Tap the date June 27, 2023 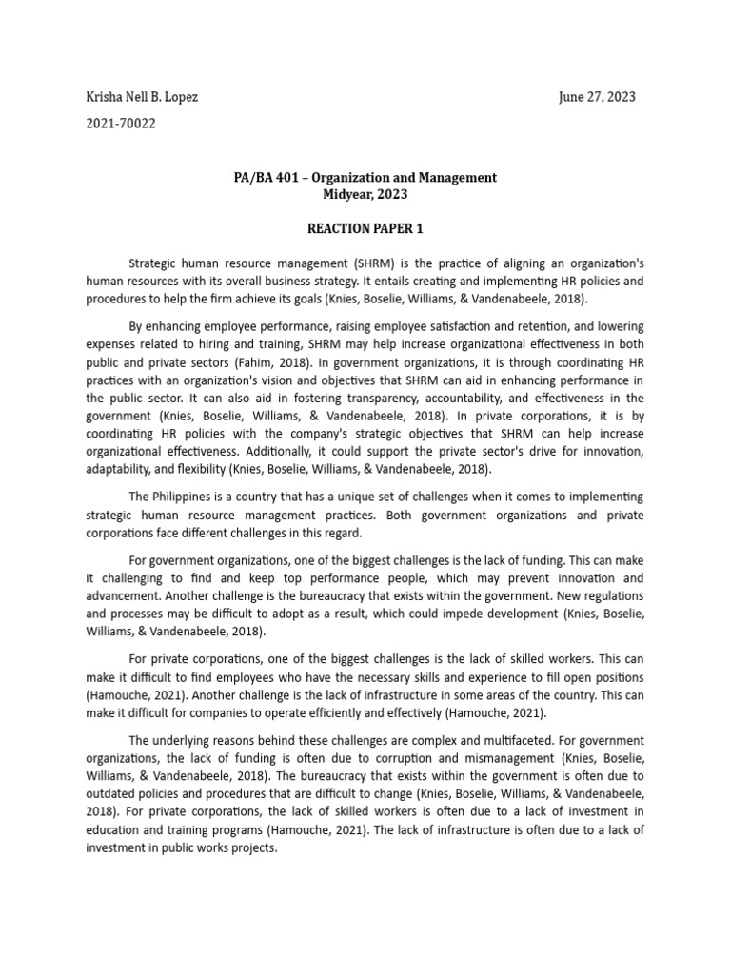(x=597, y=97)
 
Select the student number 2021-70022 (x=121, y=123)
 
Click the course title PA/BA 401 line (x=365, y=178)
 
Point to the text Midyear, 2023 (x=365, y=194)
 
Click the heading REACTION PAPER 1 (x=365, y=229)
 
